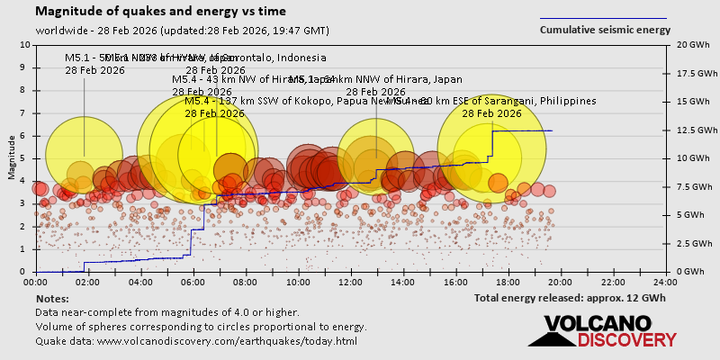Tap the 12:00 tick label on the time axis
tap(351, 281)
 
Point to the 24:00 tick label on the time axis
tap(665, 281)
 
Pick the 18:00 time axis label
tap(508, 281)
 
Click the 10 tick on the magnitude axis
tap(24, 44)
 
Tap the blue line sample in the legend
tap(603, 18)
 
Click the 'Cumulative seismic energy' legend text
tap(605, 30)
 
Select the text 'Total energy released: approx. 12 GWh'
tap(570, 298)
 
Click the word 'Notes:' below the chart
tap(52, 298)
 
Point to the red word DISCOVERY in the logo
tap(627, 340)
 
